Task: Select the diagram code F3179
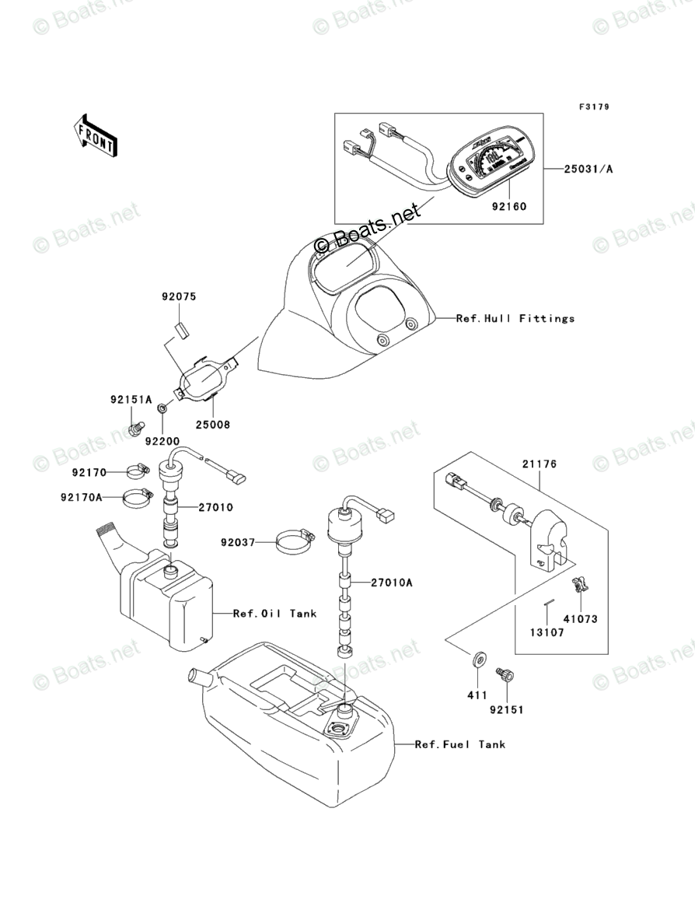593,107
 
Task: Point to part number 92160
508,208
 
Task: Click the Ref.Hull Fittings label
515,318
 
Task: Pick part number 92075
179,296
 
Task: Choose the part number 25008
212,425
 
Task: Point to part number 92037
237,542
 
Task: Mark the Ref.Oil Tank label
275,614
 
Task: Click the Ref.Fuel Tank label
460,744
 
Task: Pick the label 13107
549,633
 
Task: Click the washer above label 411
477,661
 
